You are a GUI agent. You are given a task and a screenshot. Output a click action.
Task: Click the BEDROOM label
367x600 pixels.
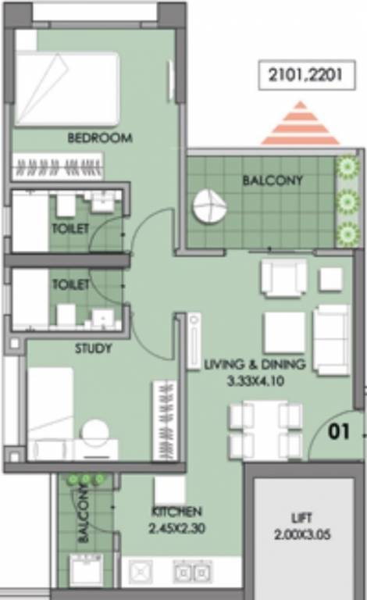100,138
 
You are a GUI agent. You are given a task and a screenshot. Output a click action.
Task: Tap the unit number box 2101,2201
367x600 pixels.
301,77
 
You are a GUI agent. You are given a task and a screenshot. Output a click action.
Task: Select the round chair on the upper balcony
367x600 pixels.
209,207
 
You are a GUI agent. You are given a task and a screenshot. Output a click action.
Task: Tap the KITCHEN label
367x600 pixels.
176,512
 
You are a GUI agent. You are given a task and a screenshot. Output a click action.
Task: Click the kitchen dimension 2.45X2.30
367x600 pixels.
176,527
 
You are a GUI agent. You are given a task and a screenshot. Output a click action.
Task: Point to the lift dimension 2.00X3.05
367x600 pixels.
301,534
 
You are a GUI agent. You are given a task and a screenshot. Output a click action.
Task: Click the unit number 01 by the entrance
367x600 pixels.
338,432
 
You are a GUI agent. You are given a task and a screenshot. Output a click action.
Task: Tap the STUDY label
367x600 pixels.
93,348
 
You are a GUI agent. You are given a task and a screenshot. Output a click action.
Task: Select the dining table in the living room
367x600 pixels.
265,430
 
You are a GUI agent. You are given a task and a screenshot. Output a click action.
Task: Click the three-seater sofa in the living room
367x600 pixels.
331,340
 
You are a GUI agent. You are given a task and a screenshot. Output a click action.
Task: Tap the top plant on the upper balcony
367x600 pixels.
346,167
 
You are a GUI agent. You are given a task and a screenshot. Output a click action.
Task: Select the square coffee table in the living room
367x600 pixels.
283,333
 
